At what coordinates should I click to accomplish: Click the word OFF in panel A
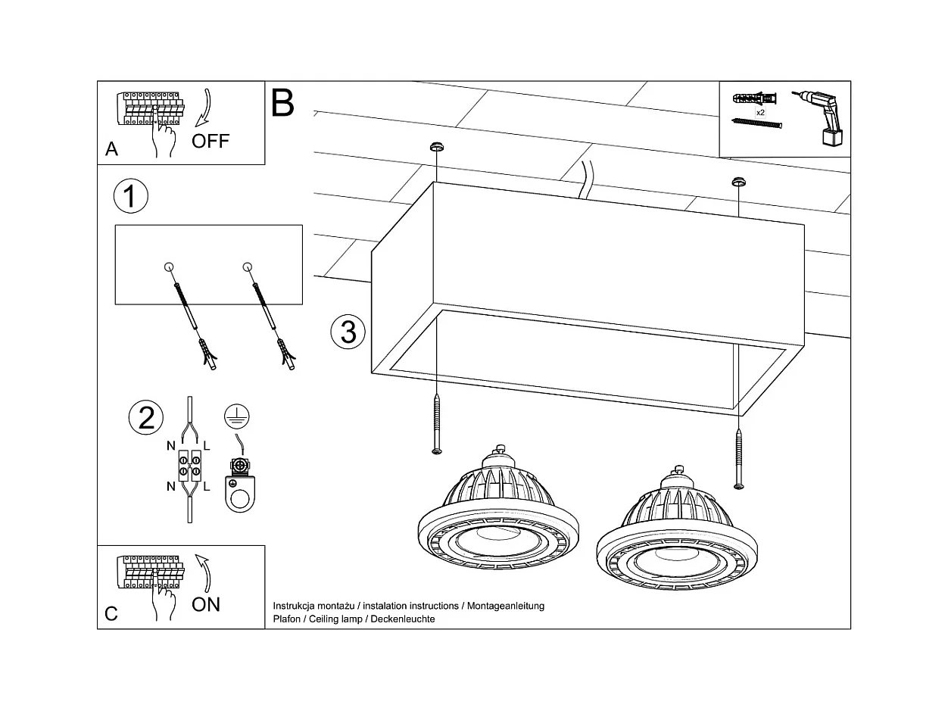click(210, 141)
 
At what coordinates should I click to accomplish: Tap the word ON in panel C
click(206, 603)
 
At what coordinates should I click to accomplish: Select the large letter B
click(282, 103)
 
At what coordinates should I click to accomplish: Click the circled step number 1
click(130, 196)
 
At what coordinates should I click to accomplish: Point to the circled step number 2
click(146, 417)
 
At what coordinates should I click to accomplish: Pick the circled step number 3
click(348, 332)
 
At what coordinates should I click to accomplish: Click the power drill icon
click(822, 117)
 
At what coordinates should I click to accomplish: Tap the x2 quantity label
click(759, 112)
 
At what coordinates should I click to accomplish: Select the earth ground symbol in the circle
click(237, 416)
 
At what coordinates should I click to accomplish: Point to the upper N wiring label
click(172, 445)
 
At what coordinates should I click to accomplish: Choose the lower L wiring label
click(206, 487)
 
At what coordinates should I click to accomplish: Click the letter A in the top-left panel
click(111, 149)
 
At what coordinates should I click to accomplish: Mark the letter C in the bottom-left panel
click(111, 613)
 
